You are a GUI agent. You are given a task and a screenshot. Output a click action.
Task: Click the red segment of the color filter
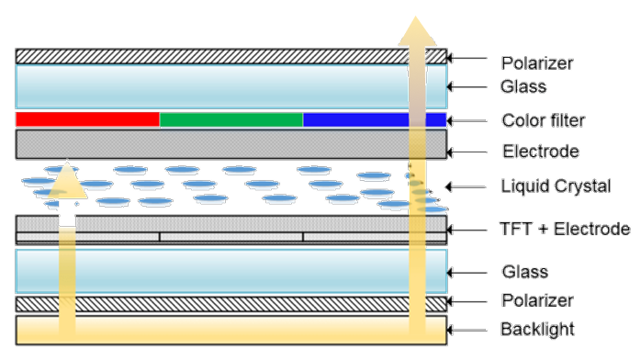pyautogui.click(x=87, y=119)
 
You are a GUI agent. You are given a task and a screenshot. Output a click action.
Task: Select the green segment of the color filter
pyautogui.click(x=231, y=119)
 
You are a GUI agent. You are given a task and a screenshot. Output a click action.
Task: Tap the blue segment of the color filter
pyautogui.click(x=375, y=119)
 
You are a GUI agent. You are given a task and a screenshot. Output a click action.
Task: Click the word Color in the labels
pyautogui.click(x=525, y=120)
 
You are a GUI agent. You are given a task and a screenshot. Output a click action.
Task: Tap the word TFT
pyautogui.click(x=516, y=229)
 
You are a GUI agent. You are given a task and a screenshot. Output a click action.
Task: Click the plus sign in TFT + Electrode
pyautogui.click(x=543, y=230)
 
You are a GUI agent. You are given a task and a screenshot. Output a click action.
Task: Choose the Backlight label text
pyautogui.click(x=537, y=330)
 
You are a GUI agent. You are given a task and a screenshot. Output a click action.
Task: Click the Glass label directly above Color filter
pyautogui.click(x=523, y=86)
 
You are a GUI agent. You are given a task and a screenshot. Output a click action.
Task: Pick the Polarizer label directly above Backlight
pyautogui.click(x=537, y=300)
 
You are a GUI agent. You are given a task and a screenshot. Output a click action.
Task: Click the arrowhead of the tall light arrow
pyautogui.click(x=417, y=31)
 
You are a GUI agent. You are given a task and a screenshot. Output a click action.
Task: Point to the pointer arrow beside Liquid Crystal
pyautogui.click(x=466, y=187)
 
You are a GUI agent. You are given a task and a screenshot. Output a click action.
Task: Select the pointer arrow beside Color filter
pyautogui.click(x=467, y=121)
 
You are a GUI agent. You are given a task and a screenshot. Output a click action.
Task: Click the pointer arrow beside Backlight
pyautogui.click(x=467, y=330)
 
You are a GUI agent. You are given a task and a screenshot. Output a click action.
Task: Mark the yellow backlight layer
pyautogui.click(x=231, y=330)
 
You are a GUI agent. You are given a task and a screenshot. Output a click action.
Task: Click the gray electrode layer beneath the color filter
pyautogui.click(x=231, y=144)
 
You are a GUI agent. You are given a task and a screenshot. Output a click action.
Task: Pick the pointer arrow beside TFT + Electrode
pyautogui.click(x=467, y=230)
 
